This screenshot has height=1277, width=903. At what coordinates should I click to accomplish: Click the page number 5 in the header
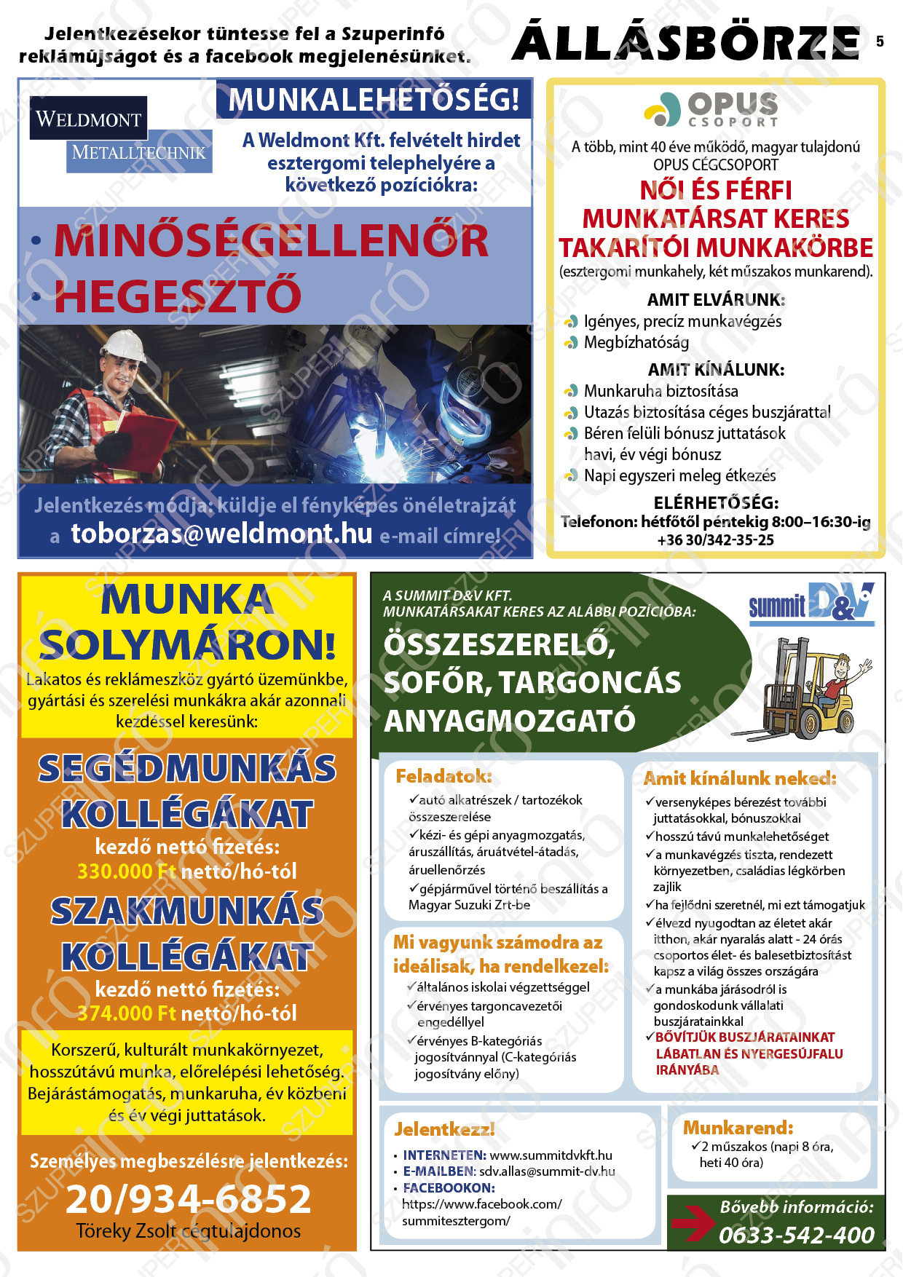click(x=880, y=41)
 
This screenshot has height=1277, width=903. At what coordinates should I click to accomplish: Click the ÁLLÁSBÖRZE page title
click(x=686, y=42)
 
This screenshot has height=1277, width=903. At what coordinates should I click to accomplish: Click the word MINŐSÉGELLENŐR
click(x=271, y=241)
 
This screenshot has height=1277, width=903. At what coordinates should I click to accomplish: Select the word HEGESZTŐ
click(x=178, y=296)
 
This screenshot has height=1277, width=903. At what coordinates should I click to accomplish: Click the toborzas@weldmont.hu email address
click(x=221, y=534)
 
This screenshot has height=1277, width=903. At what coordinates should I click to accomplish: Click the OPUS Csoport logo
click(x=711, y=110)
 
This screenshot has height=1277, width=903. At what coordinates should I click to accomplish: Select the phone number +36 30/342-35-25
click(x=715, y=540)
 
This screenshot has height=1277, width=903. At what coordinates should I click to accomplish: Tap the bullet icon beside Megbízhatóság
click(x=572, y=342)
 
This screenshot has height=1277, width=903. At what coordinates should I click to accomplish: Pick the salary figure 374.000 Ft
click(x=126, y=1013)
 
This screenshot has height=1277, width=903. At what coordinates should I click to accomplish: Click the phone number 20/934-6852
click(x=189, y=1199)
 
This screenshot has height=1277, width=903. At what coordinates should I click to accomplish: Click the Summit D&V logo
click(x=811, y=604)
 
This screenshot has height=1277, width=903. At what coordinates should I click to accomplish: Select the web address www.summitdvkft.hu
click(x=551, y=1155)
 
